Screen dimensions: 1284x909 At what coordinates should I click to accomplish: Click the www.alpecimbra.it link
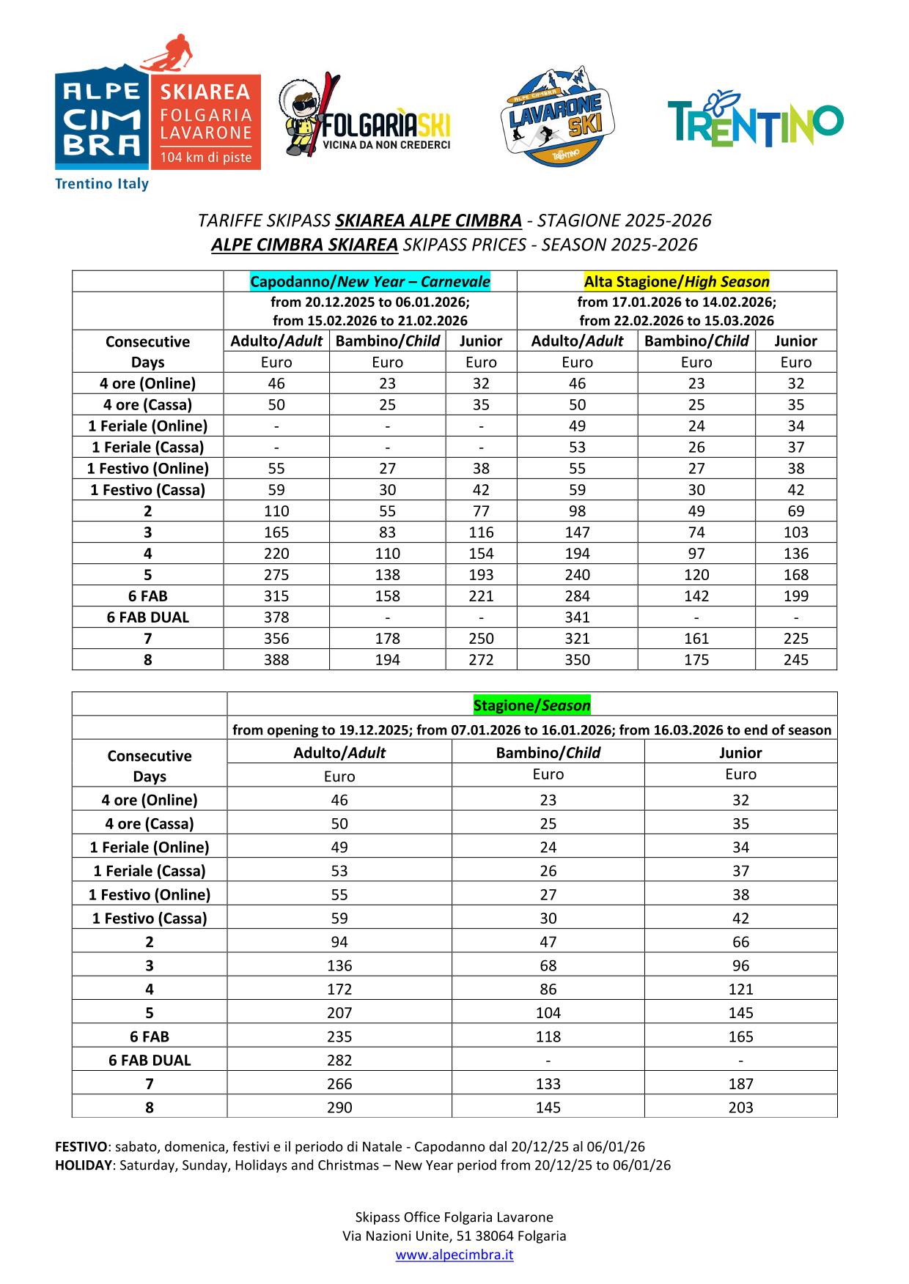(454, 1255)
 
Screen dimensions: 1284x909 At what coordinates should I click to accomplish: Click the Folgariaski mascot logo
(364, 116)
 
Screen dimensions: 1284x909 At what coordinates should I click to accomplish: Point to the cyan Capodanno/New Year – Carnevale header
(370, 282)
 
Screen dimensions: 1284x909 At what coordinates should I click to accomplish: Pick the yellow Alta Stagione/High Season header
(677, 282)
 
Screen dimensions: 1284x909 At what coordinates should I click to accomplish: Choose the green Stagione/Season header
(531, 705)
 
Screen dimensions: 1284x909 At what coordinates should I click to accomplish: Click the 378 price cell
(276, 617)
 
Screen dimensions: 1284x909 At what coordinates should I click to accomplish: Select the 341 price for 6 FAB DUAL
(577, 617)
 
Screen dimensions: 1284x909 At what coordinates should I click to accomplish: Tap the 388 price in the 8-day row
(276, 660)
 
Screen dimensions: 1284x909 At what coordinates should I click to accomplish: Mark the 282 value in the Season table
(339, 1061)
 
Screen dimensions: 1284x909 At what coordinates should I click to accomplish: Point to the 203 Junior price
(740, 1107)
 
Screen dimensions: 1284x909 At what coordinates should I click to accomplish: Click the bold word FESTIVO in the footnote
(81, 1147)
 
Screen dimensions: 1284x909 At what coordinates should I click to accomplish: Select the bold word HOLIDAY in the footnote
(84, 1165)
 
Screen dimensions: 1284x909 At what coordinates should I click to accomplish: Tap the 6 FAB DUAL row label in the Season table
(150, 1061)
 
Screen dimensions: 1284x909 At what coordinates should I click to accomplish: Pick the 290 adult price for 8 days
(339, 1107)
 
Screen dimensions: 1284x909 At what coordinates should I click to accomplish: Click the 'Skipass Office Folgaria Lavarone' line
(454, 1217)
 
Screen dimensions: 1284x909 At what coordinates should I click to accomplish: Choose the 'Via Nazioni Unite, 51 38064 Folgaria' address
(454, 1236)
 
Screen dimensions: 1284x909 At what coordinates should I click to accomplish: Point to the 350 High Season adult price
(577, 660)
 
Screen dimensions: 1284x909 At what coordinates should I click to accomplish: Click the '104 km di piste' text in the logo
(206, 157)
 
